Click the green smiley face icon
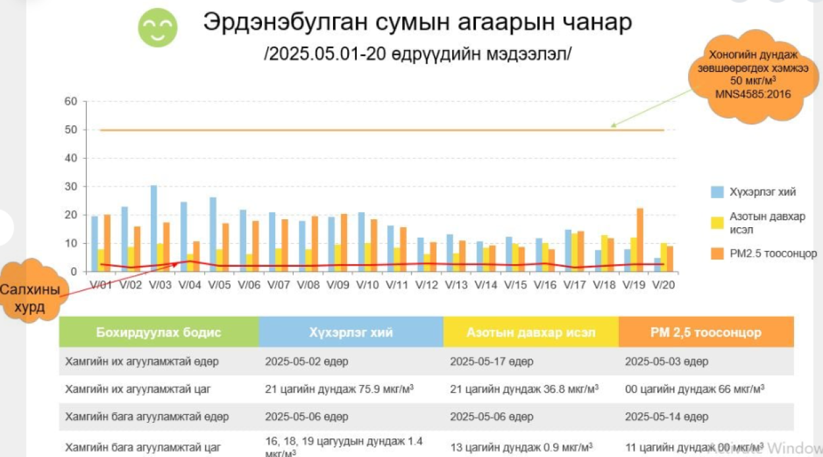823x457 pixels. tap(157, 27)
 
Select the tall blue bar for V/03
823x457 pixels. tap(153, 228)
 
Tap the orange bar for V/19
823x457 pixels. tap(639, 240)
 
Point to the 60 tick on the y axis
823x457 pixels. tap(71, 101)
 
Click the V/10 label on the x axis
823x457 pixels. tap(367, 285)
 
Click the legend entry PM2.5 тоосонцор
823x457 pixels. tap(773, 254)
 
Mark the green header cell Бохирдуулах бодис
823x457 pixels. tap(159, 333)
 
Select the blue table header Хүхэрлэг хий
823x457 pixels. tap(351, 333)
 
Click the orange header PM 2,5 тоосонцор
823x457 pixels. tap(705, 333)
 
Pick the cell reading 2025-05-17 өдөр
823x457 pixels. tap(491, 362)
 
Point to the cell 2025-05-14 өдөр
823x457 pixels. tap(666, 417)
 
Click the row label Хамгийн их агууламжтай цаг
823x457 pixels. tap(138, 389)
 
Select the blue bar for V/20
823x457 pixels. tap(657, 265)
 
